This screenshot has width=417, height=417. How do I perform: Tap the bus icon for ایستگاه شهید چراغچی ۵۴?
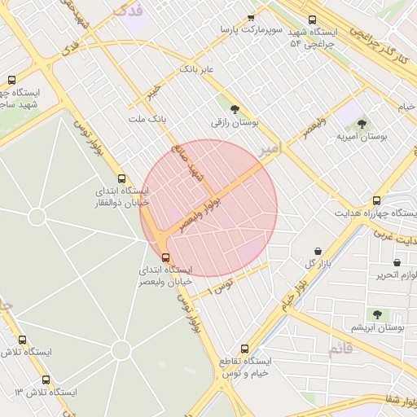pyautogui.click(x=312, y=20)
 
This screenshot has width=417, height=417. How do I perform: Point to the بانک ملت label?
pyautogui.click(x=147, y=119)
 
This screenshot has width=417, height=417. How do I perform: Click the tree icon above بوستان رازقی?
pyautogui.click(x=235, y=108)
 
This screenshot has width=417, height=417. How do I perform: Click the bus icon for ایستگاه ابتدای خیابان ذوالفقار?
pyautogui.click(x=122, y=179)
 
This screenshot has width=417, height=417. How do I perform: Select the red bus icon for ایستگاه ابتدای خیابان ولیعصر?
pyautogui.click(x=167, y=257)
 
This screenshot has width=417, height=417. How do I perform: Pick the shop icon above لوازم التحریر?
pyautogui.click(x=397, y=263)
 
